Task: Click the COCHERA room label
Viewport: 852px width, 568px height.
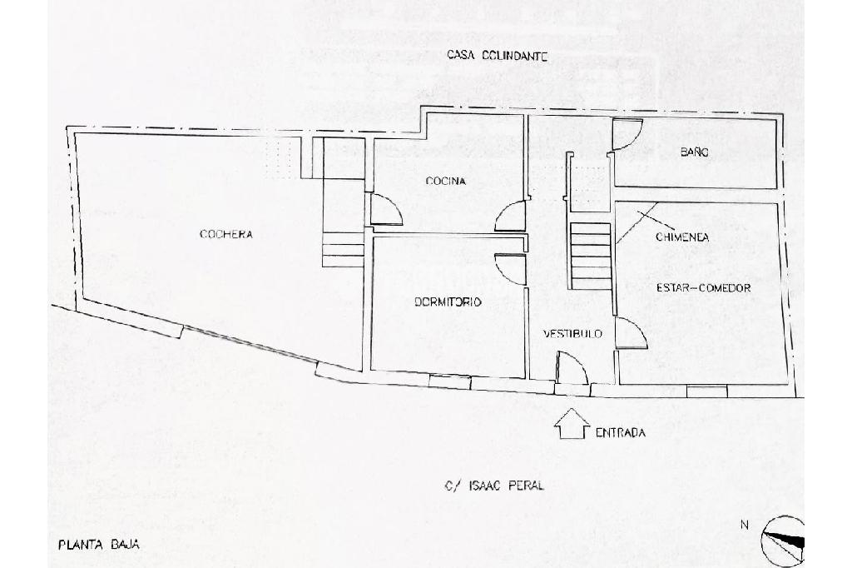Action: pyautogui.click(x=225, y=235)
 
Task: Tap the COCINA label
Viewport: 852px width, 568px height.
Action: pyautogui.click(x=445, y=181)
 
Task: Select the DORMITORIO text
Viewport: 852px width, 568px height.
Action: pyautogui.click(x=448, y=302)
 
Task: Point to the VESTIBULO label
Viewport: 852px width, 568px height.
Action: pyautogui.click(x=572, y=334)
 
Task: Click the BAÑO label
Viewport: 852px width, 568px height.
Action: pyautogui.click(x=694, y=152)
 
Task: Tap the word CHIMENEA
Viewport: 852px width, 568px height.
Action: pyautogui.click(x=681, y=237)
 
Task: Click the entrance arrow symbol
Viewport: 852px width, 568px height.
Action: pyautogui.click(x=571, y=424)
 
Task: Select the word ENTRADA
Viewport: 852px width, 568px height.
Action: pyautogui.click(x=620, y=433)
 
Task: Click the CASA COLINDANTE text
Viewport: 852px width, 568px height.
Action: pyautogui.click(x=496, y=57)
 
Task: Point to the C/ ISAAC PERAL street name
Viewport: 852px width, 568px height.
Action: pyautogui.click(x=494, y=486)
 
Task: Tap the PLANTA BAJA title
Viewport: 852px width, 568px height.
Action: pyautogui.click(x=98, y=546)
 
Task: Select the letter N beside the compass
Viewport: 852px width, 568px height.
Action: pyautogui.click(x=745, y=525)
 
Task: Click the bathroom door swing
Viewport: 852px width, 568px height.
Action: pyautogui.click(x=627, y=134)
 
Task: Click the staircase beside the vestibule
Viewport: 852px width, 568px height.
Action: pyautogui.click(x=591, y=254)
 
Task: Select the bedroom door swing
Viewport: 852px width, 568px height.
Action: pyautogui.click(x=509, y=269)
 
